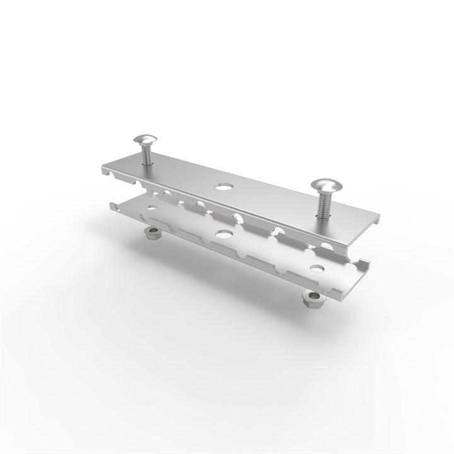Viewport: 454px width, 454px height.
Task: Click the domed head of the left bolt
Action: tap(146, 140)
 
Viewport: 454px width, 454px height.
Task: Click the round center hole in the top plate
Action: tap(222, 187)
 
